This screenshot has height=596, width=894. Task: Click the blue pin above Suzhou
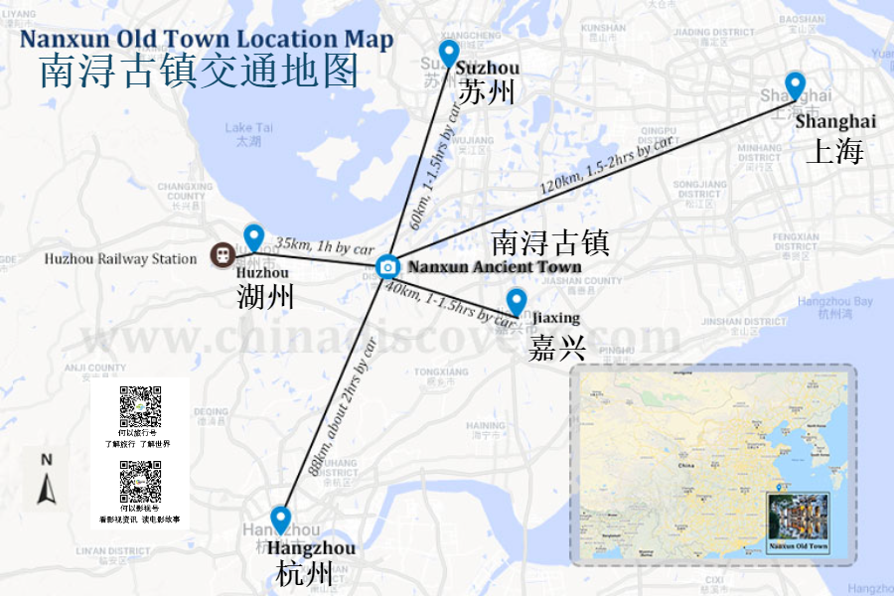point(449,53)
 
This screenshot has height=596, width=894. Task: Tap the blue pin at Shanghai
point(795,85)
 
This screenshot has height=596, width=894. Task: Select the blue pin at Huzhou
point(253,237)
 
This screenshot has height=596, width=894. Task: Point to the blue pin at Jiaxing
point(516,301)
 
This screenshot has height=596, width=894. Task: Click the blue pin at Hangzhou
point(280,520)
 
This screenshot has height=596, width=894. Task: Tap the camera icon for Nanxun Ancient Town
point(386,266)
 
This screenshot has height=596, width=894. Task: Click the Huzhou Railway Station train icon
point(221,256)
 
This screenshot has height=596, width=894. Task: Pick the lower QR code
point(140,482)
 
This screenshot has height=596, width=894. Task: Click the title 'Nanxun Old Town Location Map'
point(207,40)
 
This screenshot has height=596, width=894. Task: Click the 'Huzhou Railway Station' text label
point(120,259)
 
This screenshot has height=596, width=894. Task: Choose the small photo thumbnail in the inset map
point(799,519)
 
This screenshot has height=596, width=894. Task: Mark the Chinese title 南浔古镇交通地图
point(199,72)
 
